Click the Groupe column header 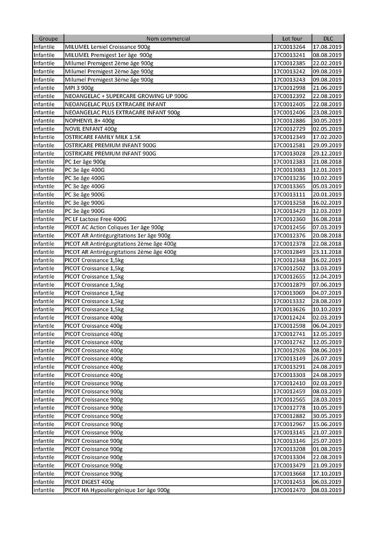pyautogui.click(x=48, y=39)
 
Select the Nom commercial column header pyautogui.click(x=168, y=39)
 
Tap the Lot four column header pyautogui.click(x=292, y=39)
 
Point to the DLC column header pyautogui.click(x=328, y=39)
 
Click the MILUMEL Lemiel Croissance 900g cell pyautogui.click(x=108, y=47)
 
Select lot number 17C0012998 pyautogui.click(x=289, y=88)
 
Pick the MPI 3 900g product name pyautogui.click(x=79, y=88)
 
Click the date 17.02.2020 pyautogui.click(x=327, y=137)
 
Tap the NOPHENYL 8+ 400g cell pyautogui.click(x=90, y=121)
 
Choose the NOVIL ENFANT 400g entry pyautogui.click(x=91, y=129)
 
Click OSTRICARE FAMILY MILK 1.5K pyautogui.click(x=102, y=137)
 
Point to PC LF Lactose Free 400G pyautogui.click(x=95, y=219)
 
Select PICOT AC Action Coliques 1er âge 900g pyautogui.click(x=114, y=227)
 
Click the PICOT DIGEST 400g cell pyautogui.click(x=89, y=482)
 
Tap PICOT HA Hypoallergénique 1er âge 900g pyautogui.click(x=117, y=490)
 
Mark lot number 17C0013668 pyautogui.click(x=289, y=474)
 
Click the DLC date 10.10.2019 pyautogui.click(x=327, y=309)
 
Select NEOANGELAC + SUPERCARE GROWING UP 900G pyautogui.click(x=126, y=96)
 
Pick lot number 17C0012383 pyautogui.click(x=289, y=162)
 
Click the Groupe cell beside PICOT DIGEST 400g pyautogui.click(x=44, y=482)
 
